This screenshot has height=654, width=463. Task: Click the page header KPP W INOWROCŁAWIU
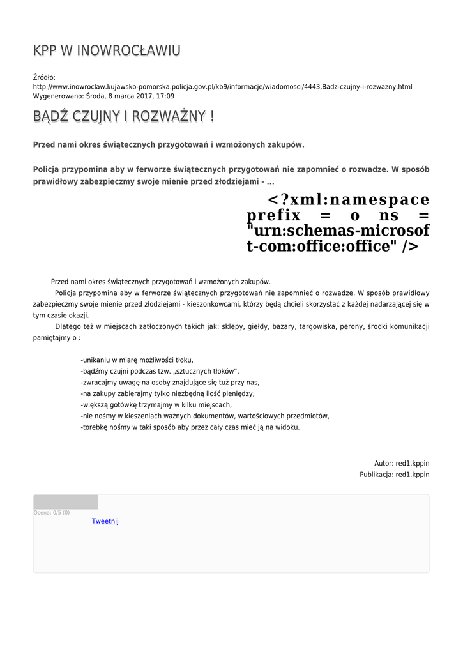107,50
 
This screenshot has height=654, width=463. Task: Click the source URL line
222,86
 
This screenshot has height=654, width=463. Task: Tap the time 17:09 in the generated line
165,96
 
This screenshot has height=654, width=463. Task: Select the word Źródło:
44,77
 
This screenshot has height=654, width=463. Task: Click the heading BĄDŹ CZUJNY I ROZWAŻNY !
123,116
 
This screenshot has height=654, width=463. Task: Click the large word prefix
273,215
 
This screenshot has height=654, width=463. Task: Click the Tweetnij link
105,521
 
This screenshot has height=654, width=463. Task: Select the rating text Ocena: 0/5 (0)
52,513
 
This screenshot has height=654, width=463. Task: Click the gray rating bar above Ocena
65,502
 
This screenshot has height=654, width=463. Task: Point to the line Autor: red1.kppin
402,463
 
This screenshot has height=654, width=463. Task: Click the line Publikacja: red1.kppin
394,475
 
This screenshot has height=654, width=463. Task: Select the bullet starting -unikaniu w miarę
137,360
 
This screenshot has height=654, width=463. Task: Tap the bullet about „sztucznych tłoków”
160,371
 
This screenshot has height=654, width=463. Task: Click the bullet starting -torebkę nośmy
190,427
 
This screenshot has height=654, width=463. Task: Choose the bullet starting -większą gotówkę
156,405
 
